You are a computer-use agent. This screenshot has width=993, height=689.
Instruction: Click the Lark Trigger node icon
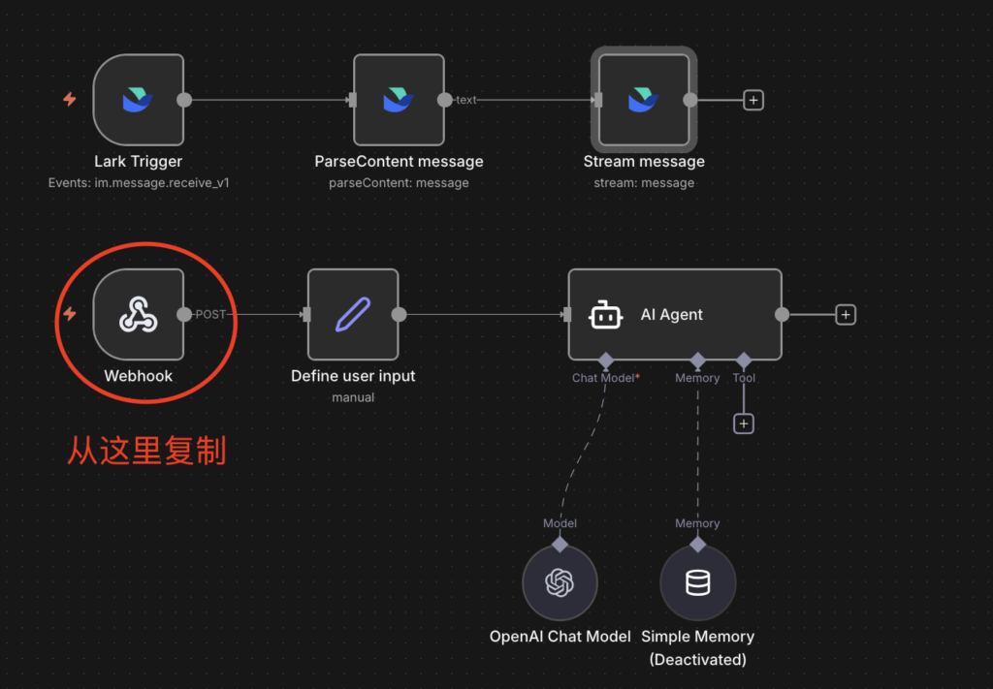tap(138, 100)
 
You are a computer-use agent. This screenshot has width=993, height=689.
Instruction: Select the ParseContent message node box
tap(399, 100)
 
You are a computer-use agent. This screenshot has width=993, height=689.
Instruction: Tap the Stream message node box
tap(643, 100)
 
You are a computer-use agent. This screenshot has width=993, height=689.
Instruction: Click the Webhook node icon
tap(138, 315)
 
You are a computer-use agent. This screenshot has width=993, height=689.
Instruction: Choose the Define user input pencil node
tap(353, 315)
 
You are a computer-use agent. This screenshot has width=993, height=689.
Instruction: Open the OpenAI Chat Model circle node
tap(560, 583)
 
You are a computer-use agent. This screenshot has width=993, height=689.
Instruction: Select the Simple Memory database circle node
tap(697, 583)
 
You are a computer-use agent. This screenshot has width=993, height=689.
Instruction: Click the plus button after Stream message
tap(753, 100)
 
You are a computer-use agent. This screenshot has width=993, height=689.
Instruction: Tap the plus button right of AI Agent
tap(846, 315)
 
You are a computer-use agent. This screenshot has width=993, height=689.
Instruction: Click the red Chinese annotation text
tap(145, 451)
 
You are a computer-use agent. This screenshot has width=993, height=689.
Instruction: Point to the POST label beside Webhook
tap(210, 315)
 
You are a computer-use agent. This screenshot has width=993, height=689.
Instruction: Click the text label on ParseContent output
tap(466, 100)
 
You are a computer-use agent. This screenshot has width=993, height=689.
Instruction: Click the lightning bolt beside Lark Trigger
tap(70, 100)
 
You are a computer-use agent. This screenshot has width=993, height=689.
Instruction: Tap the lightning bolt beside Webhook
tap(70, 315)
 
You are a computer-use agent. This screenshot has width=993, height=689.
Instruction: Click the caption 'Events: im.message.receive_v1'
tap(139, 182)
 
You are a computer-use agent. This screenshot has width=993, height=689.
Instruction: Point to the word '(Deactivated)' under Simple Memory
tap(697, 660)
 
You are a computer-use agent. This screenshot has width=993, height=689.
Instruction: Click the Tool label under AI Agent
tap(744, 378)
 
